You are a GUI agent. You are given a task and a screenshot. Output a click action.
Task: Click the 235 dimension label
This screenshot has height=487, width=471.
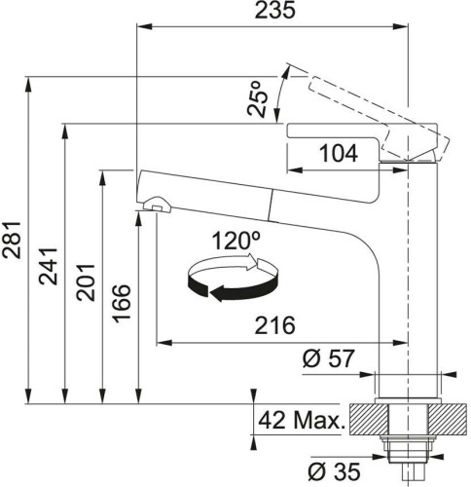click(x=274, y=10)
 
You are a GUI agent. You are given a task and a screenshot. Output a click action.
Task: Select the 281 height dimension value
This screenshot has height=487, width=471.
click(x=12, y=240)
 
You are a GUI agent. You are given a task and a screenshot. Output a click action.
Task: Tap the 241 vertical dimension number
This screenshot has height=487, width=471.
click(x=49, y=266)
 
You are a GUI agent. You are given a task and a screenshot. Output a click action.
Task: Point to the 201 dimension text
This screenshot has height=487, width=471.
click(x=86, y=282)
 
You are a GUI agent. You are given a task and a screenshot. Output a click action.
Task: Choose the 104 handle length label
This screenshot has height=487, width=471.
click(x=339, y=153)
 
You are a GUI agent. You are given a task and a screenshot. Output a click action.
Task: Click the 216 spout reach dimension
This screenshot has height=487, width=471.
click(x=274, y=325)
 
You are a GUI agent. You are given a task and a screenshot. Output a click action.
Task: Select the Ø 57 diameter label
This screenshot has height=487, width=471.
click(x=328, y=358)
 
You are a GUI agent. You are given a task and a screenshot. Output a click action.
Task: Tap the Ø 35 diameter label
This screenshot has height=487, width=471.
click(x=334, y=471)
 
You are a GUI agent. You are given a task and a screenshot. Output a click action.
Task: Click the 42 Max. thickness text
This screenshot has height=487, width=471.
click(x=301, y=420)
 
